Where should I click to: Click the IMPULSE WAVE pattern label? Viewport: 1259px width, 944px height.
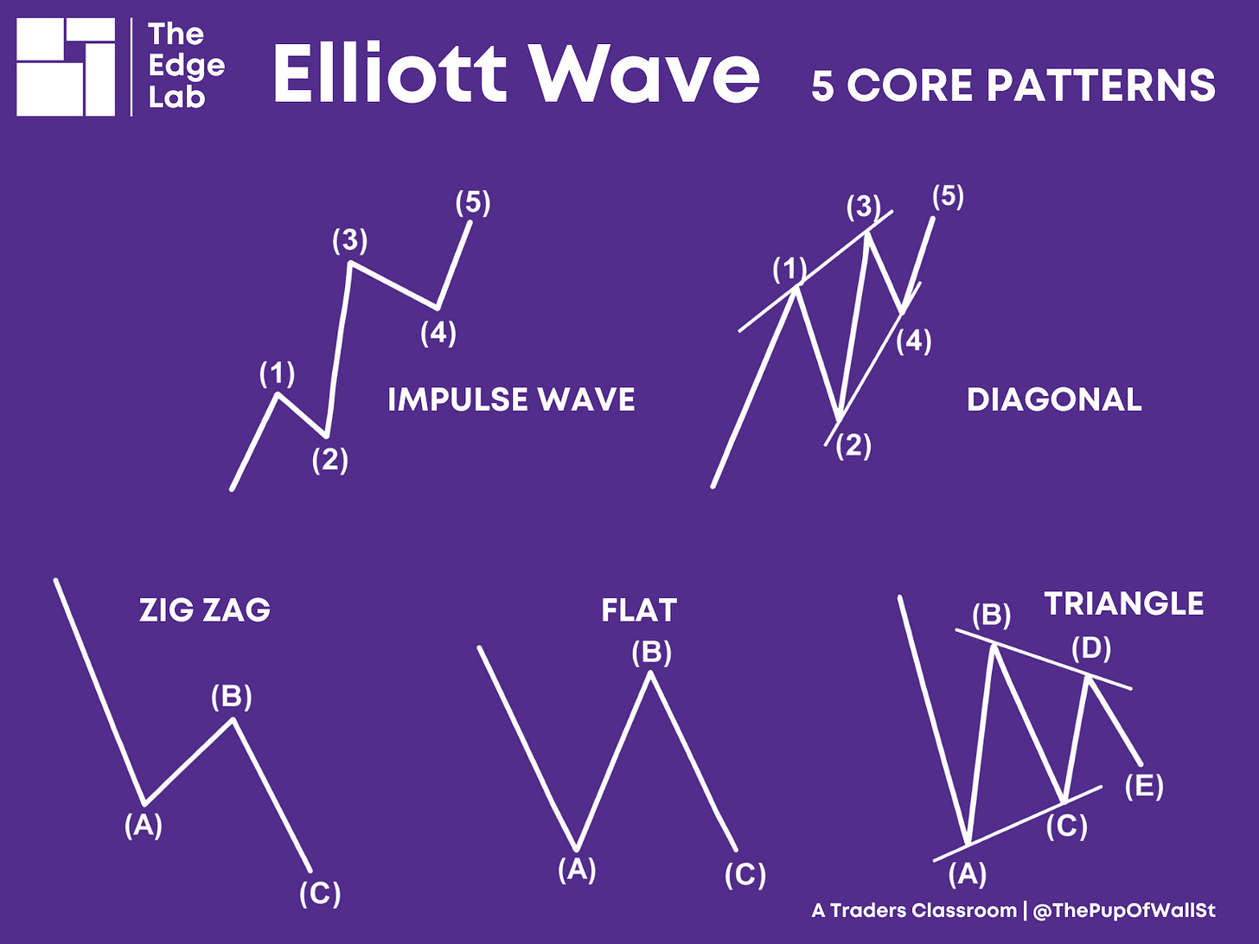click(511, 399)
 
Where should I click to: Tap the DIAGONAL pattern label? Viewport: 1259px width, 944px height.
click(1054, 399)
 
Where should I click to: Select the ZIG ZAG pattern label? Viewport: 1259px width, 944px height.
click(205, 610)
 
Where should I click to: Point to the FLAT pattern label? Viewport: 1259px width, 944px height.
click(639, 610)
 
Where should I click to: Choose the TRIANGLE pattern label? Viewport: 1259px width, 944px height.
click(1123, 603)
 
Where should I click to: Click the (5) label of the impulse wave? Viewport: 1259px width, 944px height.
click(473, 202)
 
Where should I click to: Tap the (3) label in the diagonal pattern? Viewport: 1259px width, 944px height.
click(863, 207)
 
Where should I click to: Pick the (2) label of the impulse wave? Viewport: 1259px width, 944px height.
click(329, 460)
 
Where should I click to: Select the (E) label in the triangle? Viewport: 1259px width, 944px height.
click(1144, 787)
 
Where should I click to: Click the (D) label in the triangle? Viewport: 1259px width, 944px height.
click(1091, 647)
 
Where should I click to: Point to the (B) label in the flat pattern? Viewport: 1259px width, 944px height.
click(651, 652)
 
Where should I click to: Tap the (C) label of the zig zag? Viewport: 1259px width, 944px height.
click(320, 892)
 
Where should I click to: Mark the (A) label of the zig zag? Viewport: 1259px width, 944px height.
click(144, 825)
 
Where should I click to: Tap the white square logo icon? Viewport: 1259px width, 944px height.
click(66, 67)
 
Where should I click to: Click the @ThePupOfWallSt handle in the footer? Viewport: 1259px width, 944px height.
click(1124, 910)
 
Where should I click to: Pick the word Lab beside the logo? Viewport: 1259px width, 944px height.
click(176, 97)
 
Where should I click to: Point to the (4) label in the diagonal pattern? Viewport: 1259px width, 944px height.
click(913, 341)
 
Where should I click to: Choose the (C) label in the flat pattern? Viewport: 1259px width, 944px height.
click(745, 875)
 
